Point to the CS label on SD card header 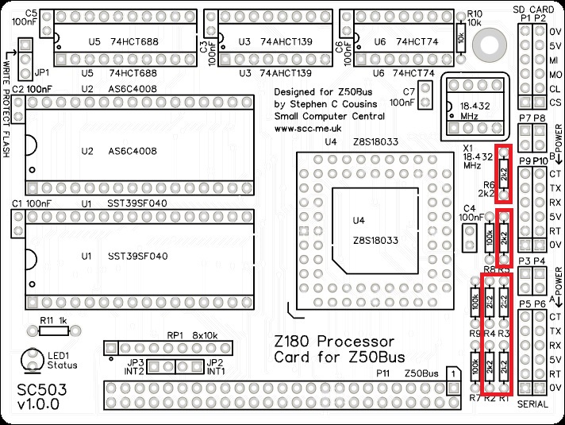[555, 103]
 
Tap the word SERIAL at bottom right [534, 404]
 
